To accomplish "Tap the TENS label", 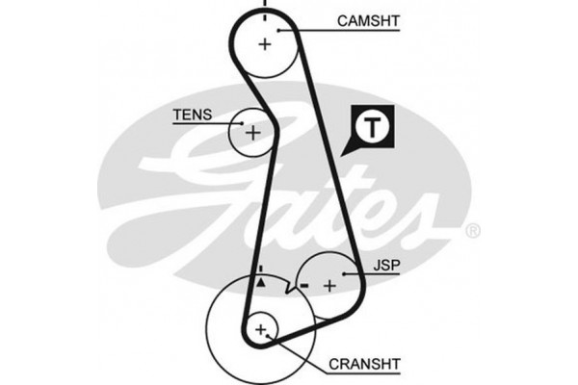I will pos(189,115).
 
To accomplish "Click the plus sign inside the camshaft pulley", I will pos(266,43).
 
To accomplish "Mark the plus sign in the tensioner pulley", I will pos(252,132).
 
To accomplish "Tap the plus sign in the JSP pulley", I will pos(329,285).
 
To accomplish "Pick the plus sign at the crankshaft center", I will pos(260,330).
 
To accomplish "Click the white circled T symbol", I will pos(371,125).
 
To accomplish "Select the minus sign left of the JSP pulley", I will pos(302,286).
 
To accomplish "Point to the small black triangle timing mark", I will pos(260,284).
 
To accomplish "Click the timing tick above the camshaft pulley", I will pos(264,8).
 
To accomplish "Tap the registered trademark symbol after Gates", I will pos(472,232).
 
